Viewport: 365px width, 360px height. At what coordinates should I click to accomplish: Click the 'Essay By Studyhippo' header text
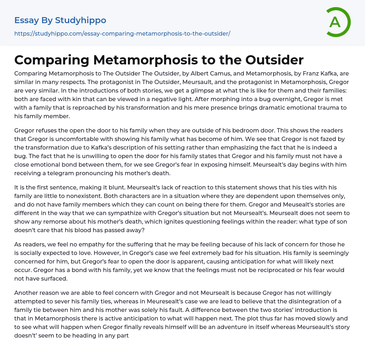[x=60, y=20]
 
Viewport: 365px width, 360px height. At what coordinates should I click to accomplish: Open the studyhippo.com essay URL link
[x=122, y=33]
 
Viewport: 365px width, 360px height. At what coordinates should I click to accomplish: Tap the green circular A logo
[x=336, y=22]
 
